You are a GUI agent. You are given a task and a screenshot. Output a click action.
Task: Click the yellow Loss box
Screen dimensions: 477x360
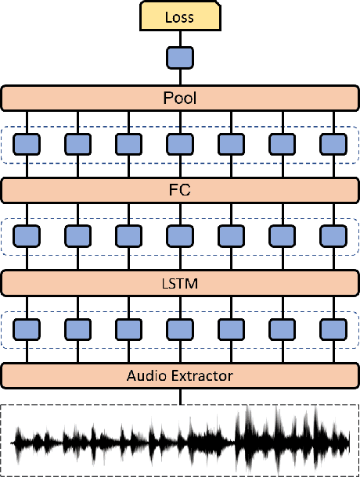tap(180, 16)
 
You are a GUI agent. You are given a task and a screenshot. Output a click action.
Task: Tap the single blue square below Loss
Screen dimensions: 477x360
tap(180, 58)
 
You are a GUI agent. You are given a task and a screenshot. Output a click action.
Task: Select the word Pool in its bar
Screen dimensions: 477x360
tap(180, 99)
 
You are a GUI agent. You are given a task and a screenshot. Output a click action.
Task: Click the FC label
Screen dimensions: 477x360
tap(180, 190)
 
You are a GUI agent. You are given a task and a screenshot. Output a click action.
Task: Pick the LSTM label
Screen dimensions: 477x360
tap(180, 282)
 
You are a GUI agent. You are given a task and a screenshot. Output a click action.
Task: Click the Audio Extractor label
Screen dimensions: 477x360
tap(180, 375)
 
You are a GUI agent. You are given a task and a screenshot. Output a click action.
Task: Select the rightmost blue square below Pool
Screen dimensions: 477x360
tap(333, 144)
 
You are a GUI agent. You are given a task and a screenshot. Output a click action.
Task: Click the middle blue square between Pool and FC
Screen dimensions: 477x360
tap(180, 144)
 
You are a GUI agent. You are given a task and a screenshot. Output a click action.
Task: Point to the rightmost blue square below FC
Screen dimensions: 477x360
tap(333, 236)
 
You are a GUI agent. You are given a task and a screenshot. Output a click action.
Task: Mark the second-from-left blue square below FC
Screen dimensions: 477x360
tap(78, 236)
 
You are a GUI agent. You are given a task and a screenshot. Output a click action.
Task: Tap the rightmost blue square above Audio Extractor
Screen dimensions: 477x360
tap(333, 328)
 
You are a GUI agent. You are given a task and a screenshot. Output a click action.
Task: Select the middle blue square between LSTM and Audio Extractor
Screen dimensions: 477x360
tap(180, 328)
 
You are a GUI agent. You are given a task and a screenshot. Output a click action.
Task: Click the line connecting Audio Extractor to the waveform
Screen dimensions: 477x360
tap(180, 396)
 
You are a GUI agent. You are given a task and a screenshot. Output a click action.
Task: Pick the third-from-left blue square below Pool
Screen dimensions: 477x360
tap(129, 144)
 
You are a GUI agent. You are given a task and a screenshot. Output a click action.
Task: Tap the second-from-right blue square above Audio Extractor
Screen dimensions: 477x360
tap(282, 328)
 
